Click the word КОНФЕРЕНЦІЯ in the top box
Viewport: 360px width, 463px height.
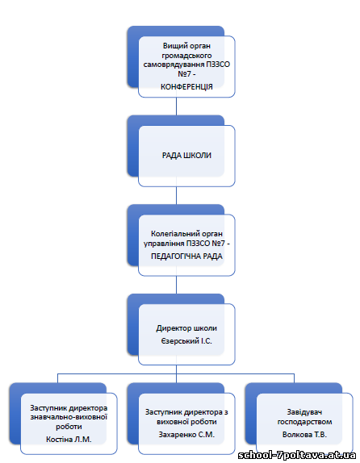click(x=186, y=86)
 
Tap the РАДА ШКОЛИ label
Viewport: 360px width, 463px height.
click(x=186, y=156)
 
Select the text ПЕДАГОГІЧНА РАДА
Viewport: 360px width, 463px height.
click(x=186, y=256)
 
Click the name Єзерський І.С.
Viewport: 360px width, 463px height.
click(x=186, y=341)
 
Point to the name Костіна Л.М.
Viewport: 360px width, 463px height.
click(x=69, y=440)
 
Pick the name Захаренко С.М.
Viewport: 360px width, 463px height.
click(x=186, y=435)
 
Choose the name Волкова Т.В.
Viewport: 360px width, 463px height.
click(x=304, y=435)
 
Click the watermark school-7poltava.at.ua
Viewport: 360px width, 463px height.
click(x=297, y=455)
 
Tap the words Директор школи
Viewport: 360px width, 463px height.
click(x=186, y=328)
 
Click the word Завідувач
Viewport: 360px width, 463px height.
click(x=304, y=412)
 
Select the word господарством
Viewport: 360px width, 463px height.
click(x=304, y=422)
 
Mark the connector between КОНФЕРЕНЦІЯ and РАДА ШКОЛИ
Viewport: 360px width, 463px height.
click(x=177, y=106)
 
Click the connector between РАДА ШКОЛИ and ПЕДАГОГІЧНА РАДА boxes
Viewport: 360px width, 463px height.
click(x=177, y=195)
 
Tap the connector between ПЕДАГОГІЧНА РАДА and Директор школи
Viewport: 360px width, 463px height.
click(x=177, y=285)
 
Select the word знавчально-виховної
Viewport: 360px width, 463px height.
click(x=69, y=417)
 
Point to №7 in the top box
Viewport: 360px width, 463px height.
click(x=184, y=73)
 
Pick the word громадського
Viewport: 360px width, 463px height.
click(x=186, y=55)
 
